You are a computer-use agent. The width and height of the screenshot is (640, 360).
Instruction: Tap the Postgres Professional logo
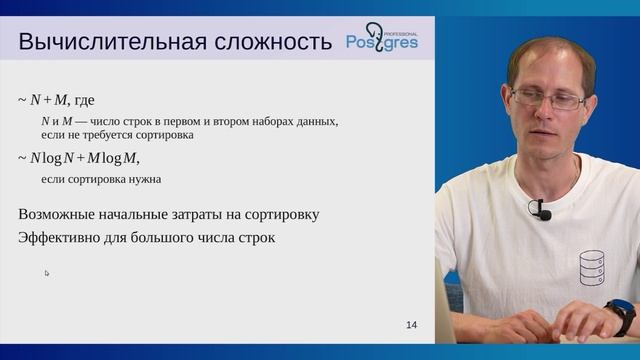point(382,41)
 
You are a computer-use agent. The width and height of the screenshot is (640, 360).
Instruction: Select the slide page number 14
point(412,325)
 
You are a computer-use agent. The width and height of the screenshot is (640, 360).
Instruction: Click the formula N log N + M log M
point(85,158)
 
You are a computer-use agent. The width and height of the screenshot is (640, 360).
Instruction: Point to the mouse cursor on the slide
point(46,273)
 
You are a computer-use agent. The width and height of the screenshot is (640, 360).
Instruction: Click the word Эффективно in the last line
point(61,238)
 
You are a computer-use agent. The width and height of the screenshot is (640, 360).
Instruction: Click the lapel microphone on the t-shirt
point(541,211)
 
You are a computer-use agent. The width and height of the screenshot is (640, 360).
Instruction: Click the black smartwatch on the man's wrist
point(620,317)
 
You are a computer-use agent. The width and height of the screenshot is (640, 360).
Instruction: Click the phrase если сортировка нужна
point(101,179)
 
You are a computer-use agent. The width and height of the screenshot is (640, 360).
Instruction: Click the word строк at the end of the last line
point(253,238)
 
